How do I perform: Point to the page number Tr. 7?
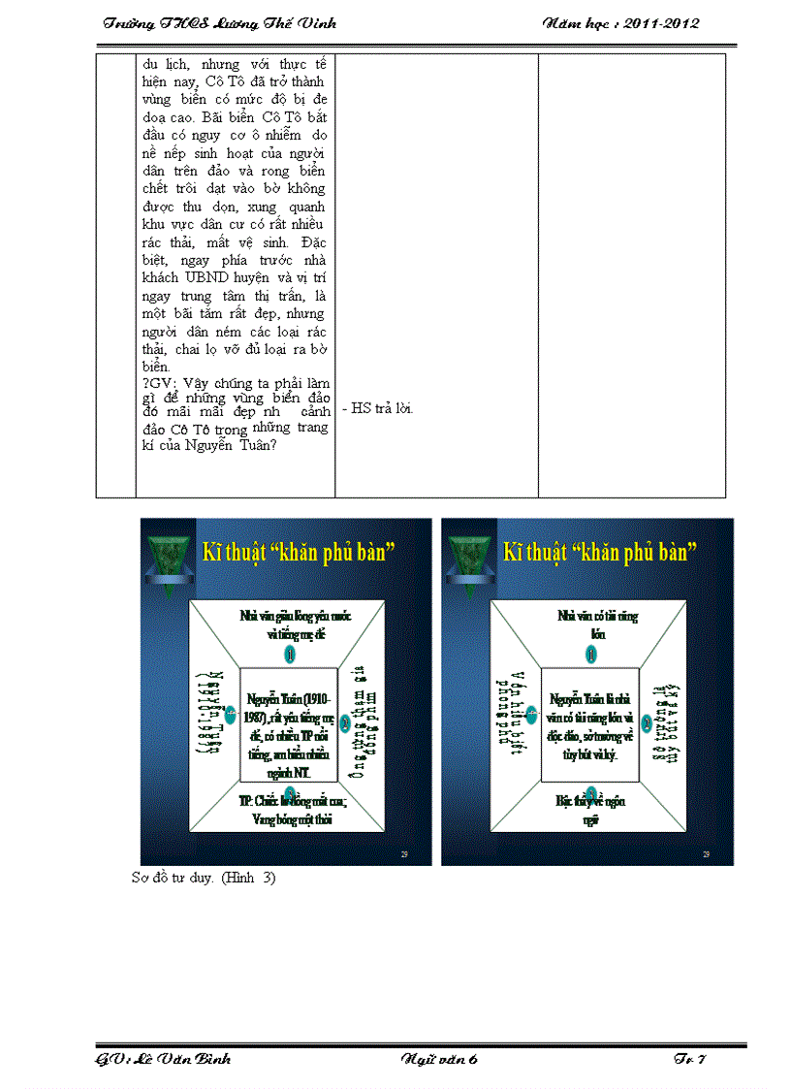[x=689, y=1059]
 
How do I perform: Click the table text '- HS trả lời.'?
[x=378, y=408]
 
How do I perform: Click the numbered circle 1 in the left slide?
[x=290, y=656]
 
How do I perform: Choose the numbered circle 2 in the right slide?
[x=645, y=721]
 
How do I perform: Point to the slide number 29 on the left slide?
[x=404, y=853]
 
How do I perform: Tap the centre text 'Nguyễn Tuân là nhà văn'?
[x=590, y=718]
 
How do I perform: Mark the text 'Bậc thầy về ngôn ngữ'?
[x=590, y=810]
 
